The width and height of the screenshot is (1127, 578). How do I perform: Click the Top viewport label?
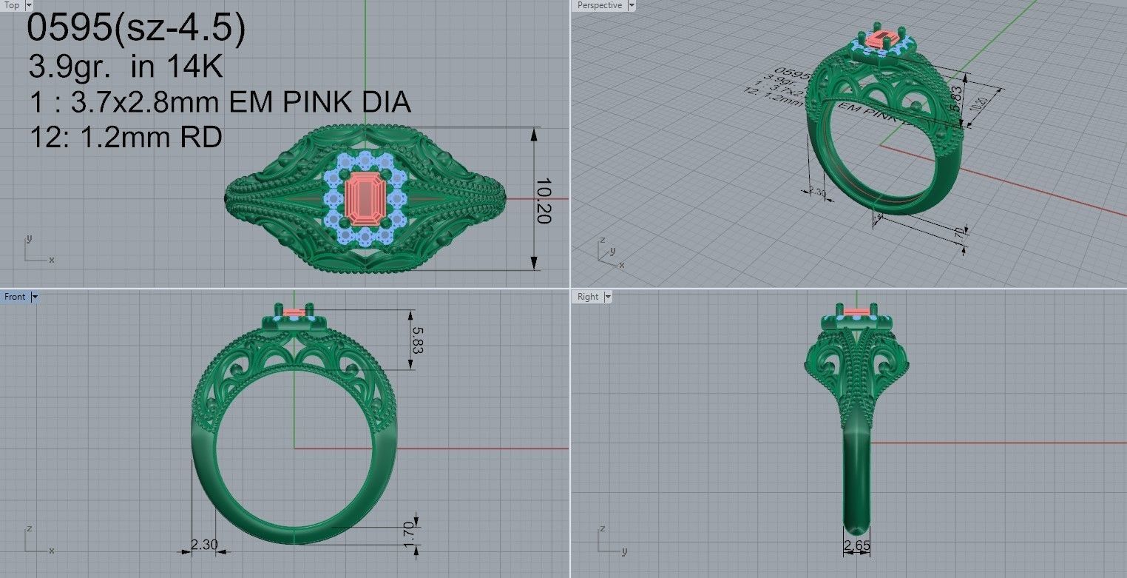(x=12, y=5)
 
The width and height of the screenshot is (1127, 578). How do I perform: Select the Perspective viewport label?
(x=599, y=5)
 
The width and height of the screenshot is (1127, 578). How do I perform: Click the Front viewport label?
(x=15, y=297)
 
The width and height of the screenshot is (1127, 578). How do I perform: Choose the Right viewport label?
(x=588, y=297)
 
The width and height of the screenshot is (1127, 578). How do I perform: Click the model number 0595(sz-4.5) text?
(x=135, y=30)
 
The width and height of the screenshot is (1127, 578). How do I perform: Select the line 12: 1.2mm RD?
(x=125, y=137)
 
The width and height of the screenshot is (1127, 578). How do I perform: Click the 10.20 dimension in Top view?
(x=544, y=200)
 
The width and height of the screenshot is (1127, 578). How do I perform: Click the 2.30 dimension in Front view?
(x=204, y=545)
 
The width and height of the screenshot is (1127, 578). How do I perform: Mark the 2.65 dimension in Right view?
(x=856, y=547)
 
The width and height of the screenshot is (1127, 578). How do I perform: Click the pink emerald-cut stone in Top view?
(x=365, y=198)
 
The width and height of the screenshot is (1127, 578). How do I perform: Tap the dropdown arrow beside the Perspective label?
(x=631, y=5)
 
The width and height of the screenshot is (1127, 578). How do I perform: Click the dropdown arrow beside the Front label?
(x=35, y=297)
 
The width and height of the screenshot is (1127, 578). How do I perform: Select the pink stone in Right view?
(x=856, y=311)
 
